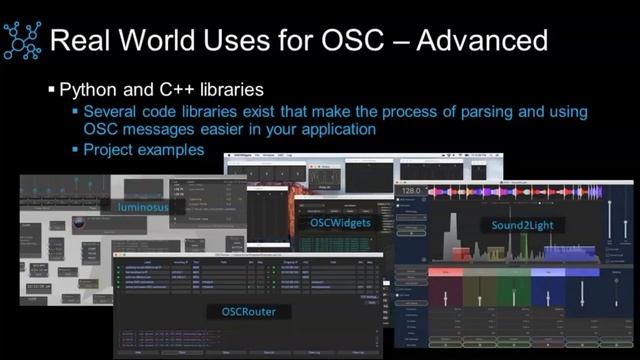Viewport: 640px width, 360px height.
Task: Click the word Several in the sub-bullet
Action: click(x=112, y=111)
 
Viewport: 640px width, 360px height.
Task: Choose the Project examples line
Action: click(x=144, y=150)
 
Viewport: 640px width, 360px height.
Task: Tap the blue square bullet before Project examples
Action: click(x=75, y=151)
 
